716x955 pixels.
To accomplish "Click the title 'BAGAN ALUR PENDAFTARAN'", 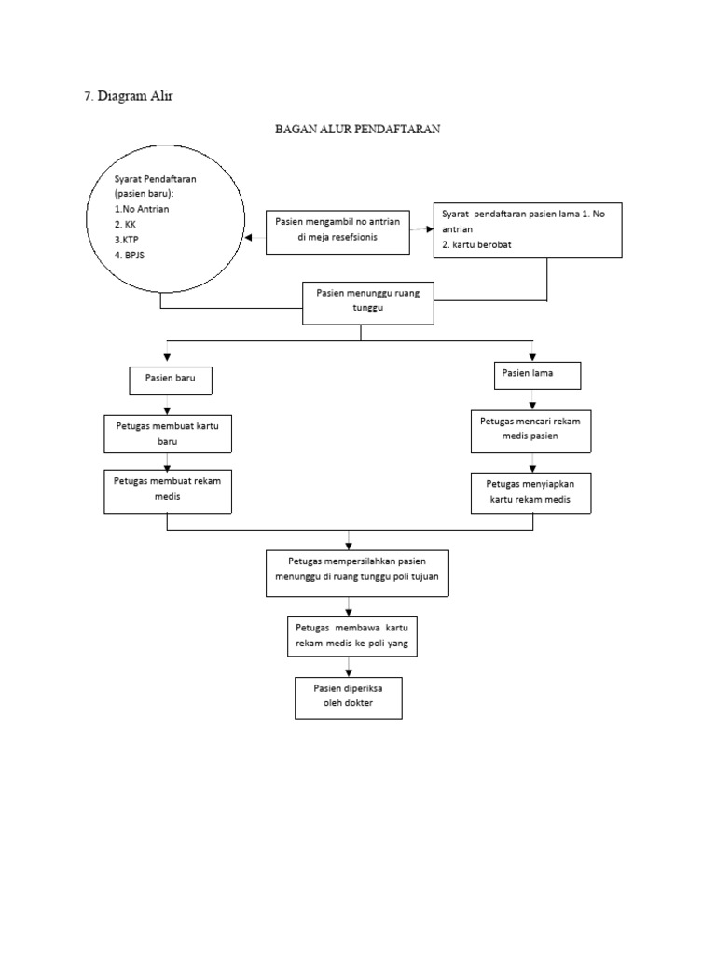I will [357, 130].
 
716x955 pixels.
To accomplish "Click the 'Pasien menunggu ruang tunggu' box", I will [369, 300].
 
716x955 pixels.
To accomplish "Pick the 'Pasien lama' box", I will [536, 374].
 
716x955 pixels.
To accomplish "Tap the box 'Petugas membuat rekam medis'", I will [167, 491].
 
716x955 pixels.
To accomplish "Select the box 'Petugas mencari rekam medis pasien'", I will [530, 431].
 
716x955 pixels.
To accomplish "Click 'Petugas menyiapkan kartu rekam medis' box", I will [530, 492].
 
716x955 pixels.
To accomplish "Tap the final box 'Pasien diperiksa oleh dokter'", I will [349, 698].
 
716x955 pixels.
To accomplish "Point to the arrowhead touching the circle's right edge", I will [249, 238].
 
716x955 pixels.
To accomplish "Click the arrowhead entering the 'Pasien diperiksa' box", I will [349, 672].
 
